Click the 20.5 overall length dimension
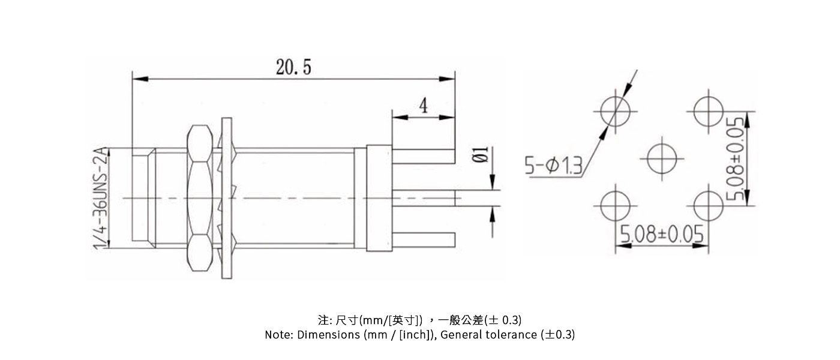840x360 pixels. coord(293,67)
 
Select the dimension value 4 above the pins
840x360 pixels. coord(424,106)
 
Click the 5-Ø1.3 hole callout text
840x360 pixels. coord(553,165)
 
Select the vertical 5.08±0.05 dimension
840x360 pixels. coord(736,158)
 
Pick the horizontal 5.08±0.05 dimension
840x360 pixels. coord(661,234)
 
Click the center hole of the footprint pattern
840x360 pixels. coord(662,158)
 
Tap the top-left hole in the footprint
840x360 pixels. coord(616,112)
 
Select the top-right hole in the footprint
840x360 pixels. coord(709,112)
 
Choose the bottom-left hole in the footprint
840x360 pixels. coord(616,205)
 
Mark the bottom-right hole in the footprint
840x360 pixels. coord(709,205)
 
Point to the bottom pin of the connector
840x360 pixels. coord(422,238)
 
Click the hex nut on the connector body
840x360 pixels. coord(199,197)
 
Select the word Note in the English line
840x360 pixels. coord(278,335)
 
